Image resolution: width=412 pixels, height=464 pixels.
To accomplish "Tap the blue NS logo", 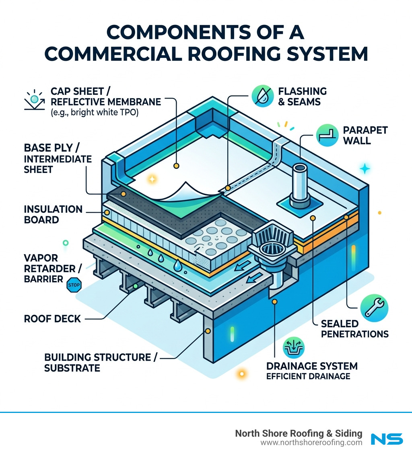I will [386, 439].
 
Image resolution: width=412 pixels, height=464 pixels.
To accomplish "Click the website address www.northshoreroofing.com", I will [311, 443].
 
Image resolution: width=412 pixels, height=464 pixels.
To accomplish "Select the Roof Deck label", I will [52, 319].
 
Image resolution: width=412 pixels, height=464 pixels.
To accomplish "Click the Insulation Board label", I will [53, 214].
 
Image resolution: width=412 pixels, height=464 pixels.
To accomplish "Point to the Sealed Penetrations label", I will [354, 328].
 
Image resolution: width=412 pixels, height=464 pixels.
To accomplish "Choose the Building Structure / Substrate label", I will [100, 362].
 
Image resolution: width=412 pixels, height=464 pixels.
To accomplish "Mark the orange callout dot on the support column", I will [208, 331].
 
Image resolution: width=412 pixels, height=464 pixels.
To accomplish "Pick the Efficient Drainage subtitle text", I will [308, 376].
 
